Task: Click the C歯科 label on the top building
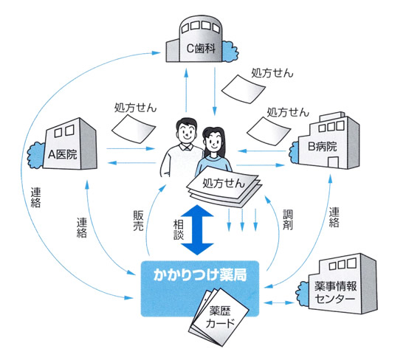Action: tap(201, 48)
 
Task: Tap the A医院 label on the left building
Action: tap(63, 154)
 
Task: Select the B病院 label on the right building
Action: tap(323, 147)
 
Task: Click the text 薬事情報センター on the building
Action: tap(336, 292)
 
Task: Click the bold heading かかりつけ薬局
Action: tap(200, 274)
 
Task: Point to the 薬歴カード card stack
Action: tap(219, 317)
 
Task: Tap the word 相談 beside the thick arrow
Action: tap(179, 230)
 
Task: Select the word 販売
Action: tap(138, 221)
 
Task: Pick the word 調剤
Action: tap(288, 220)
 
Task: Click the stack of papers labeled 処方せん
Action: tap(224, 187)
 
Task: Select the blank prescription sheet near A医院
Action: tap(134, 129)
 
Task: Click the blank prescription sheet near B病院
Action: tap(269, 131)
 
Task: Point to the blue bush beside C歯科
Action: tap(230, 52)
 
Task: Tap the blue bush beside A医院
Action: tap(36, 155)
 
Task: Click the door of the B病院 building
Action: tap(333, 162)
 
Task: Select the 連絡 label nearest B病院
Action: tap(334, 217)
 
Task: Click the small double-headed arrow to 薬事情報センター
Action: tap(279, 302)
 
